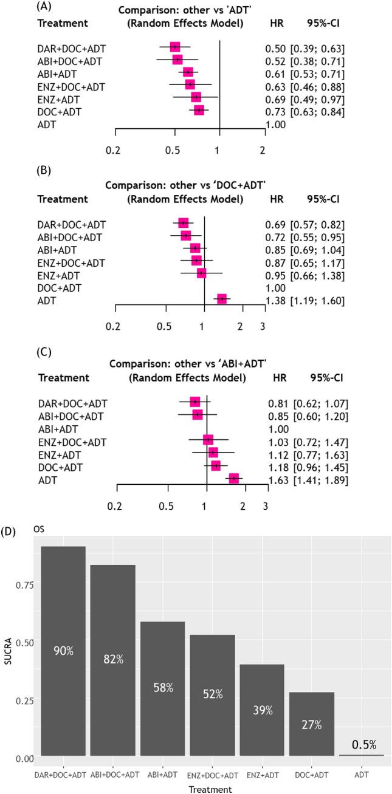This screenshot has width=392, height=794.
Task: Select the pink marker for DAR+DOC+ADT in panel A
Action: tap(175, 47)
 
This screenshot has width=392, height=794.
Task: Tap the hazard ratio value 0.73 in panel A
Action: tap(275, 112)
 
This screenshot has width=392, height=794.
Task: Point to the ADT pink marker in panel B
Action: tap(222, 299)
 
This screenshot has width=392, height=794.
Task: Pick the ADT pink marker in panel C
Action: tap(234, 478)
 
